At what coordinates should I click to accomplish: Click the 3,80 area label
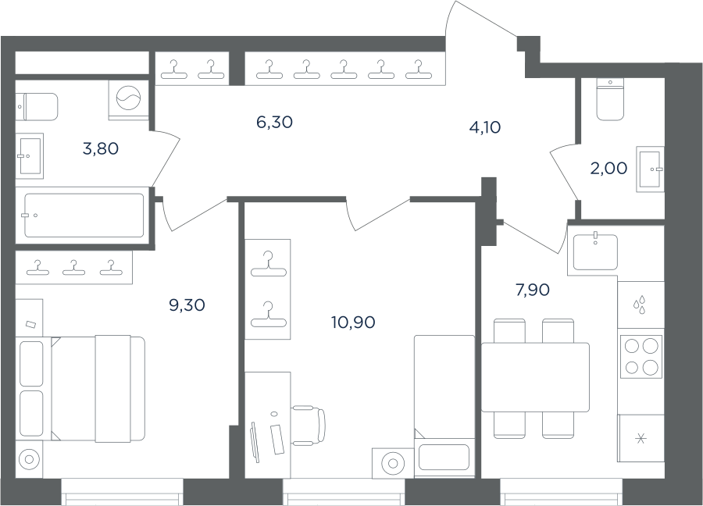[x=101, y=148]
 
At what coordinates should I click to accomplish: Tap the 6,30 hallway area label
[x=274, y=122]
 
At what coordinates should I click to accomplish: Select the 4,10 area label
[x=484, y=127]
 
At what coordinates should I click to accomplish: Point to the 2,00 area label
[x=608, y=169]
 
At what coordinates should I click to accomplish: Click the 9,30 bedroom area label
[x=187, y=305]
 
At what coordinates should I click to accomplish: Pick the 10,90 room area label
[x=353, y=322]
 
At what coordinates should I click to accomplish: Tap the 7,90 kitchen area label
[x=533, y=290]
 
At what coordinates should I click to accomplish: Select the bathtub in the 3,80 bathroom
[x=84, y=216]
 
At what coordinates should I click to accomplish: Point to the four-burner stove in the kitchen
[x=641, y=357]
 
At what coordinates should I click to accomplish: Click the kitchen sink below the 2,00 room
[x=595, y=251]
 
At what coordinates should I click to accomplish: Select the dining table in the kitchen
[x=535, y=377]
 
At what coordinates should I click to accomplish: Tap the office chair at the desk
[x=309, y=425]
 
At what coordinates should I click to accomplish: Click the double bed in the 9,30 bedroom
[x=98, y=389]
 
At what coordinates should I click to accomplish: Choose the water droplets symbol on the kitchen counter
[x=639, y=305]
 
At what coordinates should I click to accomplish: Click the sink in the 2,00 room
[x=650, y=169]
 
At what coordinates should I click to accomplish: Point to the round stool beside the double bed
[x=29, y=460]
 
